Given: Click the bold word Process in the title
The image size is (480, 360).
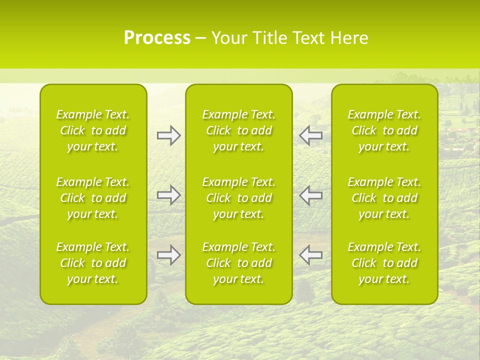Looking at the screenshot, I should (157, 38).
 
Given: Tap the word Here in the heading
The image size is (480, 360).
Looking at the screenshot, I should (349, 38).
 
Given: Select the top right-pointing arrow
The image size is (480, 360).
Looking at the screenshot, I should (168, 135).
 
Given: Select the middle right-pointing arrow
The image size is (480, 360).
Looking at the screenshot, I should (168, 195).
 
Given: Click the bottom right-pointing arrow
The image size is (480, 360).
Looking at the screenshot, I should (168, 255).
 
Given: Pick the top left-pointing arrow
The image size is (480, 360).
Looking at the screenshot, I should (310, 135).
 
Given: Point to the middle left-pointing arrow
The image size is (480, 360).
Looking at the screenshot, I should (310, 195).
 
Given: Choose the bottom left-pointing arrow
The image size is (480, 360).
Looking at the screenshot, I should (310, 255).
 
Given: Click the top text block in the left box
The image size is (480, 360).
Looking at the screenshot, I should (93, 130).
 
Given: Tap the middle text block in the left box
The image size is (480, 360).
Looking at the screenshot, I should (93, 198).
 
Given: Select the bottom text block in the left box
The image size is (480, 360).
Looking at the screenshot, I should (93, 263).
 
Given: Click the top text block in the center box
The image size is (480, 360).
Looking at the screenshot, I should (238, 130).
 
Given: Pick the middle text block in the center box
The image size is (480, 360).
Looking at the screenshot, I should (238, 198).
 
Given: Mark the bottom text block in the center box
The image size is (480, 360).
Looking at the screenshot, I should (238, 263).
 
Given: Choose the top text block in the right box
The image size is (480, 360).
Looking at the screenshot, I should (384, 130).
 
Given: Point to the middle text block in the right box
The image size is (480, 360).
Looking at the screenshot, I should (384, 198).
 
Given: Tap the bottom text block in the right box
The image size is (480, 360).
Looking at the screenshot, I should (384, 263).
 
